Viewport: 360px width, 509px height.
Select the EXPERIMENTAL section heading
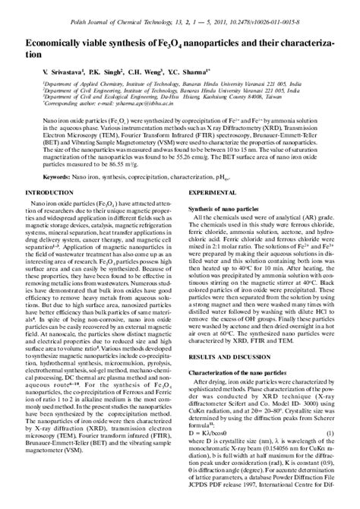[x=212, y=194]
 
